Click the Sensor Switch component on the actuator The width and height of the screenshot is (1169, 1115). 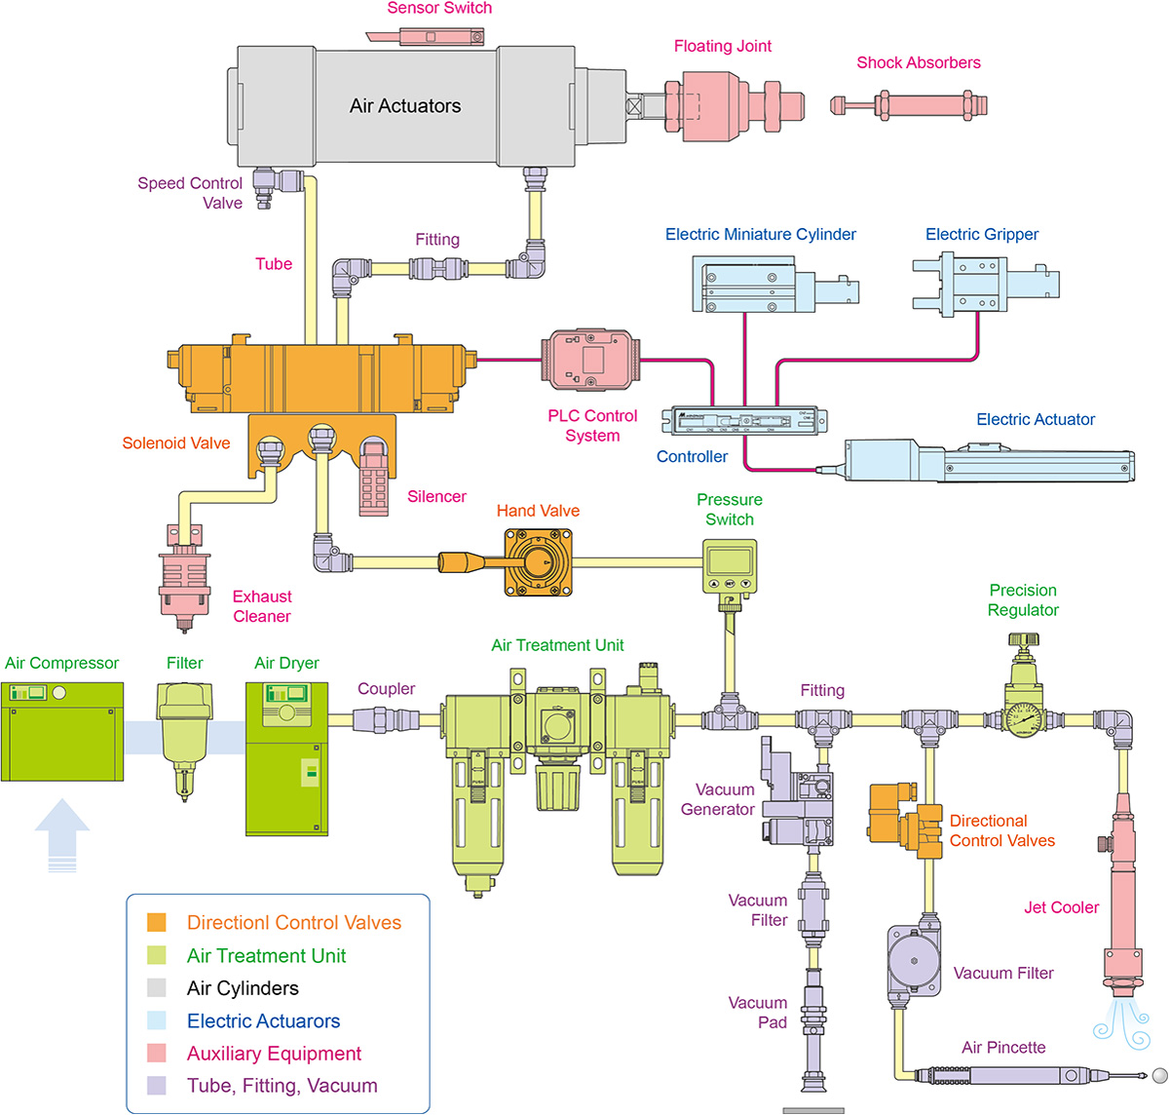[429, 37]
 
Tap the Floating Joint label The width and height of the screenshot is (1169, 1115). [722, 46]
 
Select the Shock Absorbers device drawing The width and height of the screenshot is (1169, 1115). [909, 104]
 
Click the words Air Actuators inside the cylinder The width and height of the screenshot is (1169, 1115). [405, 106]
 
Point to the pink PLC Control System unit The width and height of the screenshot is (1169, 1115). [590, 360]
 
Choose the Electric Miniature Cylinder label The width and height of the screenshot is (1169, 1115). [760, 234]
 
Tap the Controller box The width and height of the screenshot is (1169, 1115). [744, 420]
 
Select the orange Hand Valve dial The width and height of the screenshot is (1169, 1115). [538, 561]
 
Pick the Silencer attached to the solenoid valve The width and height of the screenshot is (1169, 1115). [374, 479]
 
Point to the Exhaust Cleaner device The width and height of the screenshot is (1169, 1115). [184, 580]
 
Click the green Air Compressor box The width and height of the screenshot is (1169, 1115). [62, 731]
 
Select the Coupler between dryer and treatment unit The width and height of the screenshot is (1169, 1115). [386, 720]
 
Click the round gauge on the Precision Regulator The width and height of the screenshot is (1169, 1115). [1022, 720]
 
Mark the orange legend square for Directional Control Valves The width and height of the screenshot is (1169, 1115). [156, 922]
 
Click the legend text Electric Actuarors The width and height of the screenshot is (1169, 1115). [263, 1021]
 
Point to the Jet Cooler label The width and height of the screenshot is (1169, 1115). [1061, 907]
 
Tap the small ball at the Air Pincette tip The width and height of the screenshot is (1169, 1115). [1159, 1075]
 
